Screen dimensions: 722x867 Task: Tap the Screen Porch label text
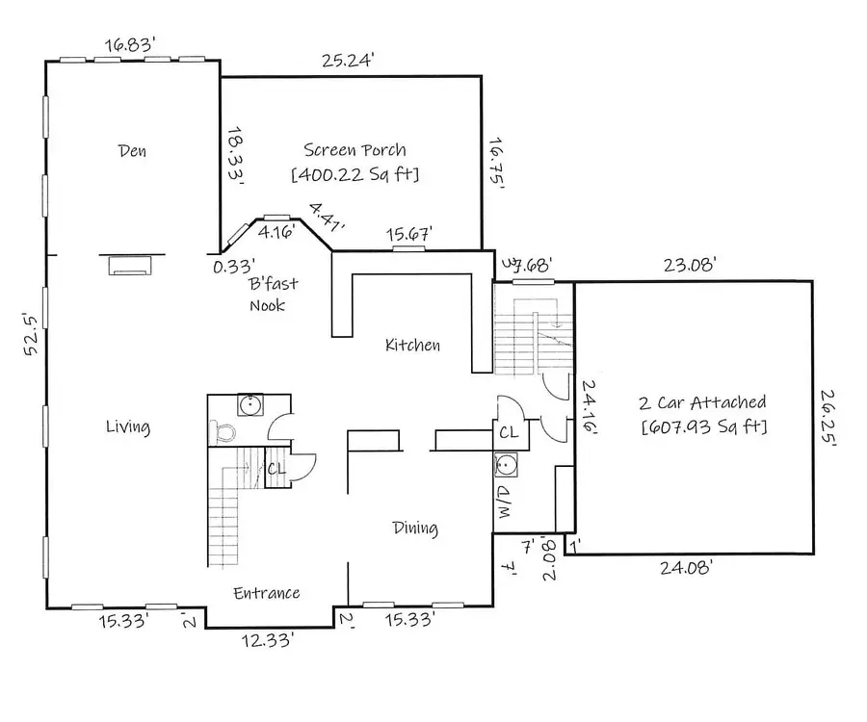click(x=355, y=150)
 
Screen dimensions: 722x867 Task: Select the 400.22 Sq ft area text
click(x=355, y=175)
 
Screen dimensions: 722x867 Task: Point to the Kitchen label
click(x=412, y=345)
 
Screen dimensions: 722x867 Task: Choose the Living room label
click(x=127, y=426)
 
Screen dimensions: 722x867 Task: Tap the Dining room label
click(x=415, y=528)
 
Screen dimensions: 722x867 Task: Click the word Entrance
click(x=267, y=593)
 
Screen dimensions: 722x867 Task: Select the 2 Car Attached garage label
click(x=703, y=402)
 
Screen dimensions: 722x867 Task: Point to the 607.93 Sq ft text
click(x=703, y=426)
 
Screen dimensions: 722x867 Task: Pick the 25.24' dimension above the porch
click(x=348, y=61)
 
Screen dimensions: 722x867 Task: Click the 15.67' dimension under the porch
click(x=408, y=234)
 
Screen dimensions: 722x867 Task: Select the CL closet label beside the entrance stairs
click(x=276, y=469)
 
